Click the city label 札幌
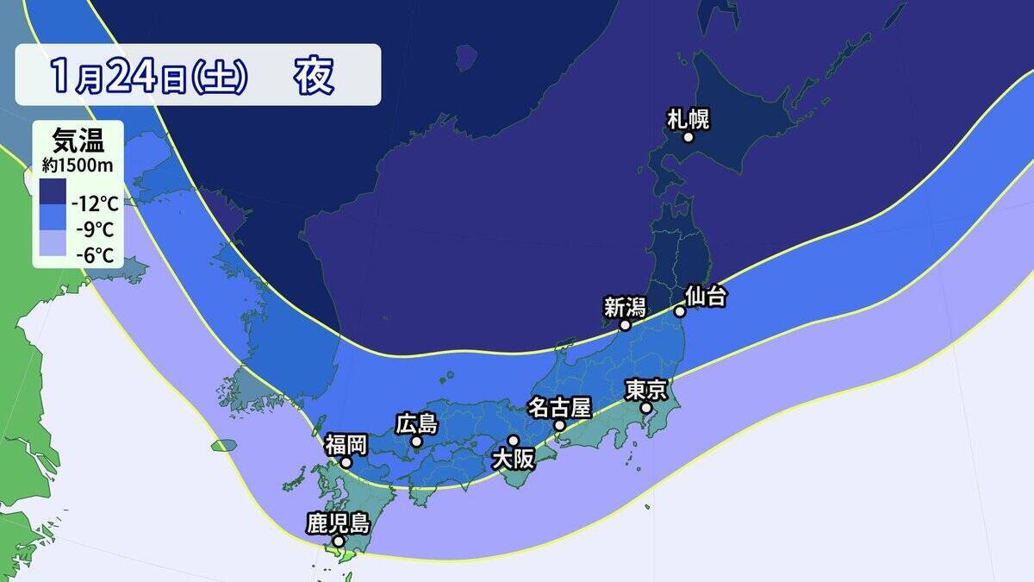click(x=688, y=118)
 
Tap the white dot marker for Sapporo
click(x=688, y=137)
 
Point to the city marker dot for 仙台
click(x=679, y=311)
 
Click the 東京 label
click(x=645, y=391)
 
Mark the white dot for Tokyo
click(x=646, y=408)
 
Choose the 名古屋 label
click(x=559, y=407)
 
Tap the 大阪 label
click(x=513, y=460)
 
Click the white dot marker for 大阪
click(x=514, y=441)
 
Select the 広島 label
click(x=417, y=424)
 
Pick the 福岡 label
click(x=346, y=445)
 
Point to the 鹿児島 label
click(x=338, y=523)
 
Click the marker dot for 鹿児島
click(x=339, y=541)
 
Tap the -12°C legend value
click(x=95, y=204)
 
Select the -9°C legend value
click(x=97, y=230)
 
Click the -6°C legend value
click(x=97, y=255)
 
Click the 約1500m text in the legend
click(x=78, y=162)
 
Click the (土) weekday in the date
click(x=219, y=78)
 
